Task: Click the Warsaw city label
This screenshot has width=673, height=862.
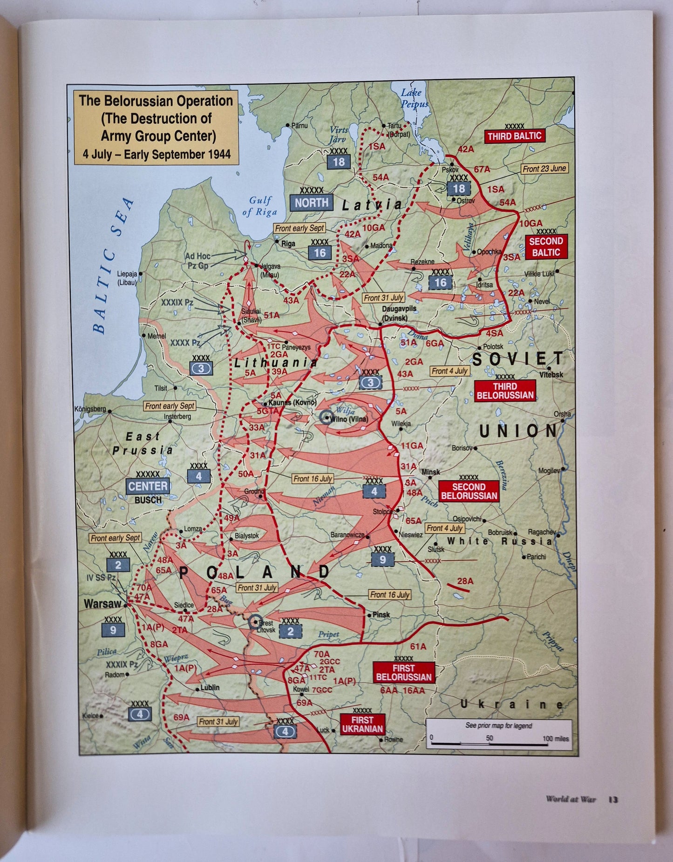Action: click(102, 604)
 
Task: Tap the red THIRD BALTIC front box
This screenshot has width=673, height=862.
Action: click(514, 136)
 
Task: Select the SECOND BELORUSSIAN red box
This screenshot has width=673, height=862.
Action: click(469, 491)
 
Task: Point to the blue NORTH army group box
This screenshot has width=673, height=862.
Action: click(312, 202)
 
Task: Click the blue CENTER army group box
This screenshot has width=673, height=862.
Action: click(148, 486)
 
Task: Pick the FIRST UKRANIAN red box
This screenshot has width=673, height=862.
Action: click(362, 724)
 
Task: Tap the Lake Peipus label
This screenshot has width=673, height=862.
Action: click(414, 98)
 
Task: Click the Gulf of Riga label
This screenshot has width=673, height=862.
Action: click(259, 206)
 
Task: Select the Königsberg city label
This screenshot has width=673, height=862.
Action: click(90, 410)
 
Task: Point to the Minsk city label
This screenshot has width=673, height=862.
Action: click(430, 472)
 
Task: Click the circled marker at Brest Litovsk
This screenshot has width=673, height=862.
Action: click(255, 621)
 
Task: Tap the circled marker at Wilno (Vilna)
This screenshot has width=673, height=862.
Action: click(326, 417)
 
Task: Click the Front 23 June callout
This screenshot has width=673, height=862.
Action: click(544, 169)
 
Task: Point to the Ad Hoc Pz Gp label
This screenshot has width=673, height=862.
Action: click(197, 261)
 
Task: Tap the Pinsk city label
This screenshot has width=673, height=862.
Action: click(381, 614)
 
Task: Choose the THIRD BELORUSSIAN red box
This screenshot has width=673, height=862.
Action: click(505, 391)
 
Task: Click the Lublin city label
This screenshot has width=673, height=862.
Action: click(210, 687)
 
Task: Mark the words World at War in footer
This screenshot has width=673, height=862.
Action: click(571, 799)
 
